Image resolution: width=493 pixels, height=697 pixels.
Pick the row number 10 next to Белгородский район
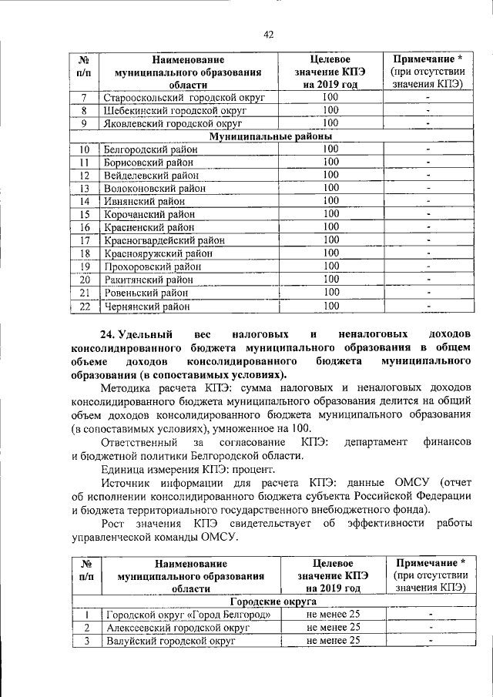coord(86,149)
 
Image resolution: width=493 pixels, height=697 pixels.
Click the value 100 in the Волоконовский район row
coord(330,188)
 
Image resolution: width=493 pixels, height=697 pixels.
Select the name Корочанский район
coord(149,214)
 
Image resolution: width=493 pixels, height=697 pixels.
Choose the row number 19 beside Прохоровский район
coord(86,266)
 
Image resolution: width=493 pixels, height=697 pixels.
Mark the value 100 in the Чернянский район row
coord(330,306)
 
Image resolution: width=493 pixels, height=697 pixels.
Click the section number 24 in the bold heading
coord(109,335)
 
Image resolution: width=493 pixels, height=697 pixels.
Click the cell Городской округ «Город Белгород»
coord(189,614)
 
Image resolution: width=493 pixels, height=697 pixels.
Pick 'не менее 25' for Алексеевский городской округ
coord(333,627)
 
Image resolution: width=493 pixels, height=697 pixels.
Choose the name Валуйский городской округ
coord(170,640)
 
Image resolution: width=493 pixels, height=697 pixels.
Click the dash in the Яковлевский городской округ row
coord(428,123)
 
